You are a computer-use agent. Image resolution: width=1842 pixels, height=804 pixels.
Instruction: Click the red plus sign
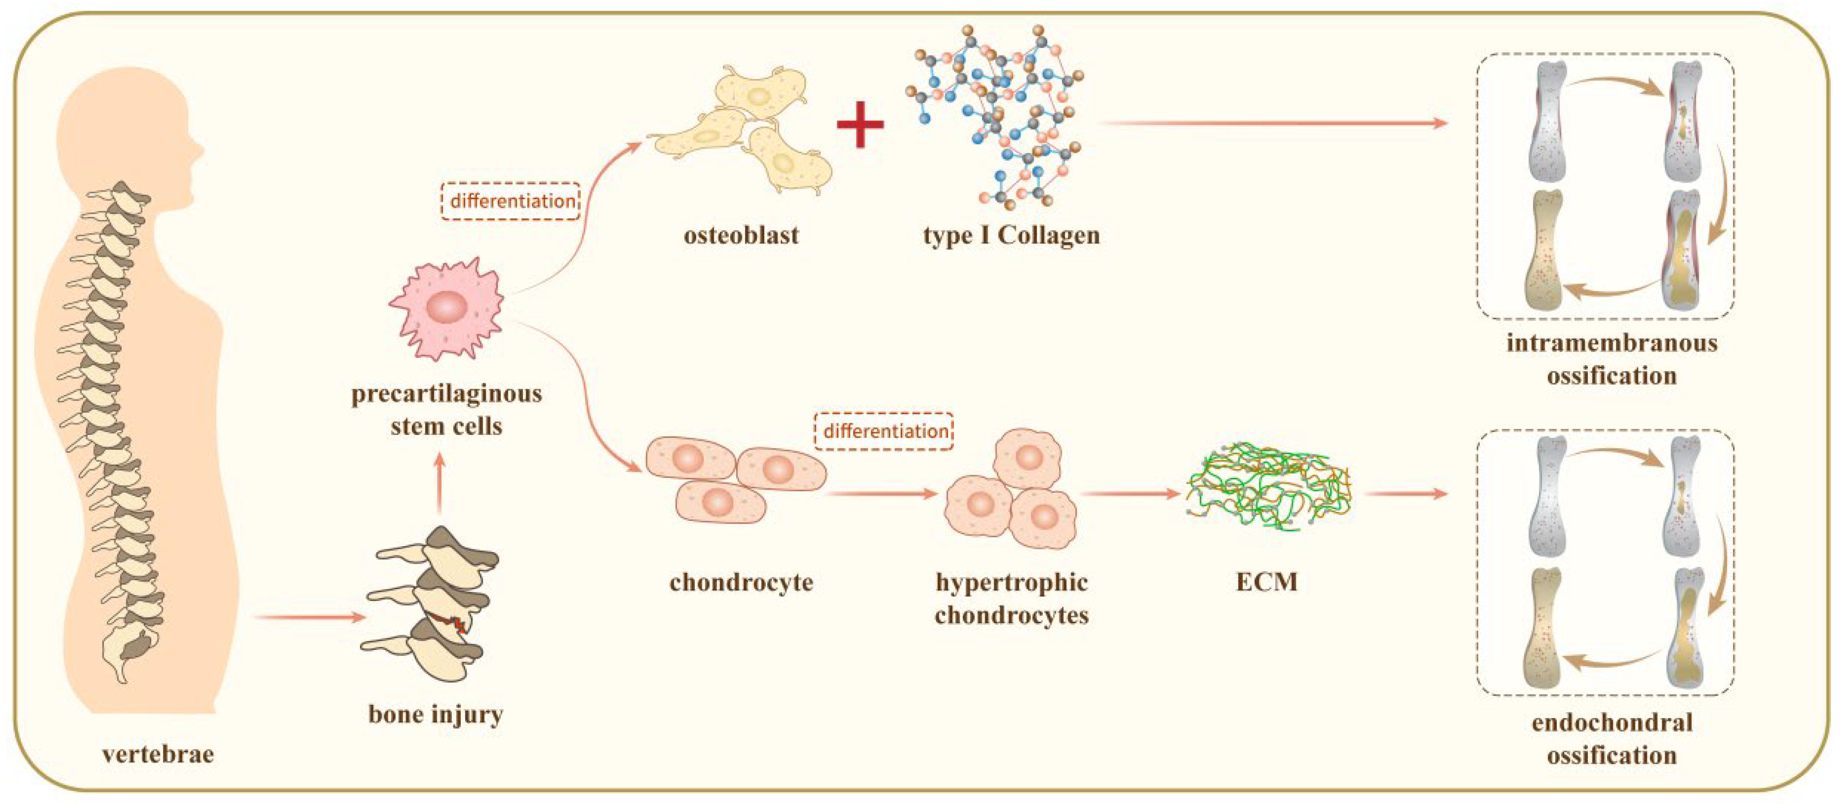pyautogui.click(x=860, y=124)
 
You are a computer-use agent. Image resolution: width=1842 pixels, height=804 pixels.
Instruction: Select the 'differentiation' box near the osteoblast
pyautogui.click(x=510, y=201)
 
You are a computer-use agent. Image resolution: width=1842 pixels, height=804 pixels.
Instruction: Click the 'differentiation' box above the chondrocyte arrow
pyautogui.click(x=884, y=431)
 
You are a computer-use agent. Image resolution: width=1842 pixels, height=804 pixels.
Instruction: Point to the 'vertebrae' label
pyautogui.click(x=158, y=754)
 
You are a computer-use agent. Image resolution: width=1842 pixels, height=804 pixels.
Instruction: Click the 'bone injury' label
pyautogui.click(x=436, y=714)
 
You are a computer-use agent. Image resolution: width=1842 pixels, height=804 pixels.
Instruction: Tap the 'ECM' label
pyautogui.click(x=1266, y=582)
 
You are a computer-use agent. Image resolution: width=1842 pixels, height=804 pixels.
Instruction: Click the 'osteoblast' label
pyautogui.click(x=741, y=235)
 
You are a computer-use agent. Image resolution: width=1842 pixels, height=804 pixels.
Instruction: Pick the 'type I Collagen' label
pyautogui.click(x=1011, y=235)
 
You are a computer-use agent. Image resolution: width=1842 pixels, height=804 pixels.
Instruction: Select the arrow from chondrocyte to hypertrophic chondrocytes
pyautogui.click(x=881, y=493)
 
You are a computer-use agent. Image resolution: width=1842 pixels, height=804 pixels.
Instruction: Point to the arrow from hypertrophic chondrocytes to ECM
pyautogui.click(x=1129, y=493)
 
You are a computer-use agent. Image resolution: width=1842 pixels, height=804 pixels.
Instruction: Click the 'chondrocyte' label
pyautogui.click(x=741, y=582)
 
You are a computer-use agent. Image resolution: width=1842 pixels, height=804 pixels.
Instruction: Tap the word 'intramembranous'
pyautogui.click(x=1612, y=343)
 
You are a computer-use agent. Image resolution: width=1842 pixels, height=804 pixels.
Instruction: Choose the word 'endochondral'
pyautogui.click(x=1612, y=722)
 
